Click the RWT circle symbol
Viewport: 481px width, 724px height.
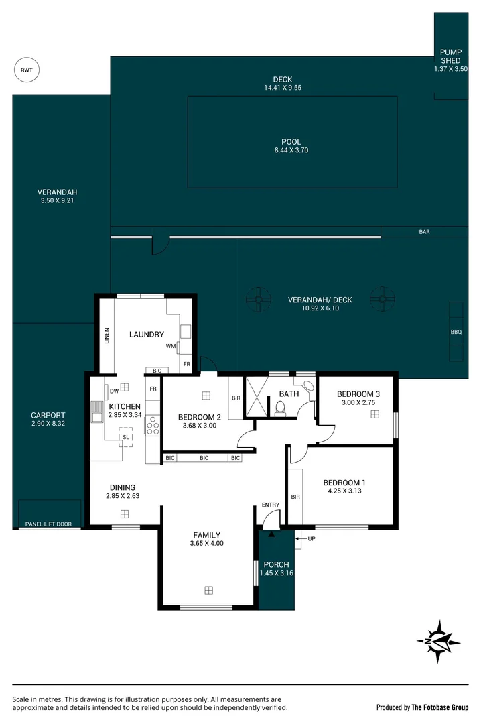point(27,70)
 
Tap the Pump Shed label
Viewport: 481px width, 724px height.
point(450,56)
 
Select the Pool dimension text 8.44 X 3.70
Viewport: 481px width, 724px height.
point(291,150)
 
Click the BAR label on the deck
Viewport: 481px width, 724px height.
point(424,232)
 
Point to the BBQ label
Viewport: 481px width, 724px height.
point(456,332)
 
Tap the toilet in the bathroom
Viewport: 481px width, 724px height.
point(280,408)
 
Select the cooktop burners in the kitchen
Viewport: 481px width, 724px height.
point(152,426)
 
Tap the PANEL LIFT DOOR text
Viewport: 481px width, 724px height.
point(48,524)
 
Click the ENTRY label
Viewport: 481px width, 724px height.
point(271,505)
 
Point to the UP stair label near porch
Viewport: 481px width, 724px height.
point(312,538)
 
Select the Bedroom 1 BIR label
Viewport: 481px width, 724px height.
point(295,497)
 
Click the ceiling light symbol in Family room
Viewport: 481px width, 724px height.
point(208,590)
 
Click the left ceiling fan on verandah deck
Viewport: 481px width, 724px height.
point(258,299)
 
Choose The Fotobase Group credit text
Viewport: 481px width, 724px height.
point(440,707)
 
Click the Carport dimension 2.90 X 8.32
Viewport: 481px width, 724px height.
point(48,423)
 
